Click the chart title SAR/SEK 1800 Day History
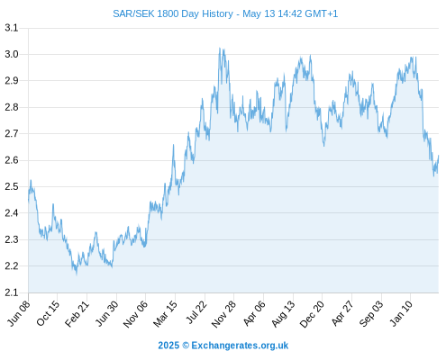(173, 13)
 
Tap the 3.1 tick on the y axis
(12, 28)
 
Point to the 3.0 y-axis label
(12, 54)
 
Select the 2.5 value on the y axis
(12, 186)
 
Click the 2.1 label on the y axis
(12, 292)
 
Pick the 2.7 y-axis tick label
(12, 133)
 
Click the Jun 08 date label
(19, 313)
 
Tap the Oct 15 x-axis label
(48, 313)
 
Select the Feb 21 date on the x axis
(77, 313)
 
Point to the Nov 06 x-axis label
(135, 314)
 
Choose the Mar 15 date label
(165, 314)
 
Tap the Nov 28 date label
(223, 314)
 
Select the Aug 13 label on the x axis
(283, 314)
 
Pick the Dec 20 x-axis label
(313, 314)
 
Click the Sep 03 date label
(371, 314)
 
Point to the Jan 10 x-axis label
(401, 313)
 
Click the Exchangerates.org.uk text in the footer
(240, 346)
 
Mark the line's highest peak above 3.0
(220, 48)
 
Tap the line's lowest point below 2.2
(77, 274)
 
